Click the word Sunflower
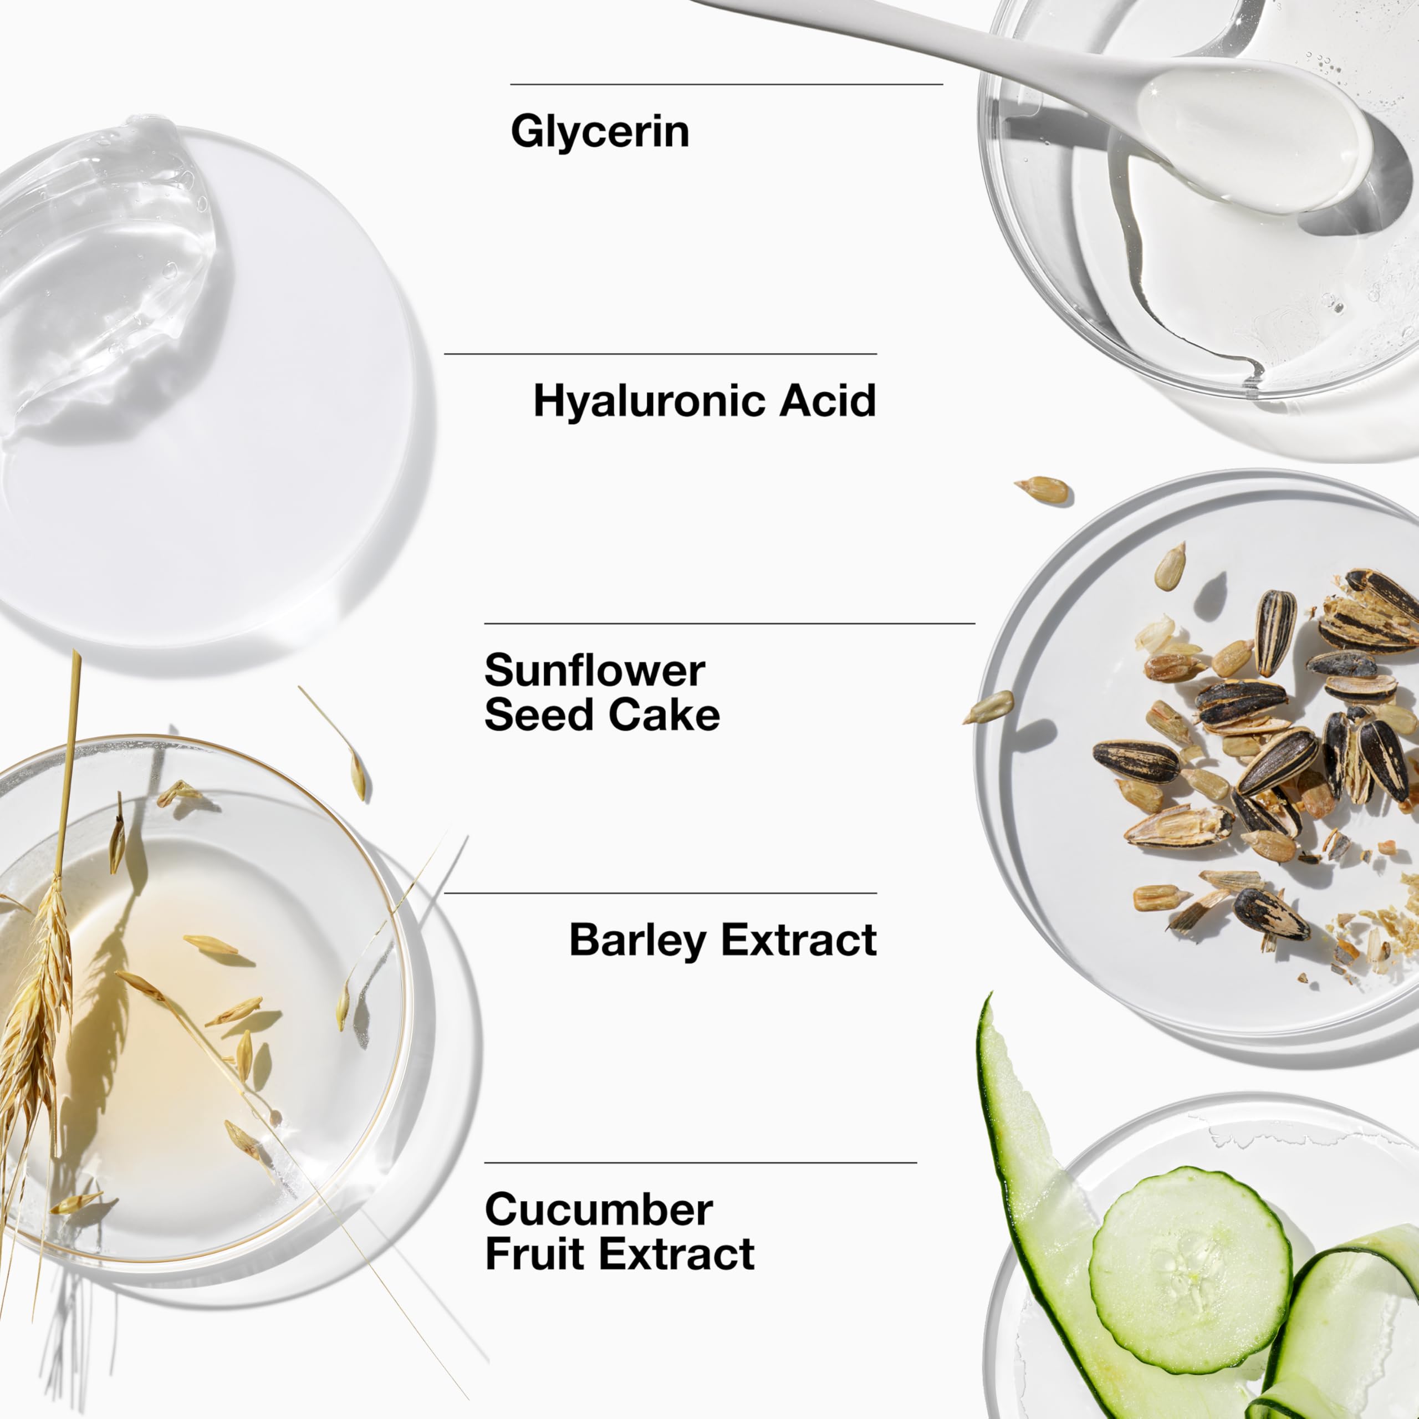(595, 671)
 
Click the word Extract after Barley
(799, 940)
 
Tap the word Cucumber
(599, 1209)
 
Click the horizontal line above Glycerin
(726, 84)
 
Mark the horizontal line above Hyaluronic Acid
(660, 354)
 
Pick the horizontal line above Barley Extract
(660, 893)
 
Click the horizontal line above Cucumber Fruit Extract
(701, 1163)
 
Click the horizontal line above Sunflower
(730, 624)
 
